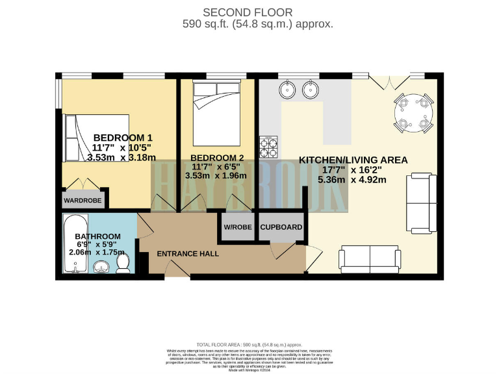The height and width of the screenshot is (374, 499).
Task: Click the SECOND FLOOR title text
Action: click(248, 12)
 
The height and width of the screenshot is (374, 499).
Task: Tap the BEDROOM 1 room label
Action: click(123, 138)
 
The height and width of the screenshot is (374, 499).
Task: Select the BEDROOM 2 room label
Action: click(214, 156)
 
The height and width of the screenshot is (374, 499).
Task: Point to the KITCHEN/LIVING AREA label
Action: click(353, 160)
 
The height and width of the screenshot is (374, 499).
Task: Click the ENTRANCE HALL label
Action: click(188, 253)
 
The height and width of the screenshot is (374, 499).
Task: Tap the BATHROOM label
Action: click(97, 236)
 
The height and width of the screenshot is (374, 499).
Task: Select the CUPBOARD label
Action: click(281, 227)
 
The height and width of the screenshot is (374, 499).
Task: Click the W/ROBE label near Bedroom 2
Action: click(237, 227)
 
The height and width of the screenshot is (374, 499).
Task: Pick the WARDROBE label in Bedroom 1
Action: click(83, 201)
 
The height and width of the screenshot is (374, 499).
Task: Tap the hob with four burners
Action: click(268, 147)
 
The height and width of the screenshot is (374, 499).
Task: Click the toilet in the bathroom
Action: click(122, 263)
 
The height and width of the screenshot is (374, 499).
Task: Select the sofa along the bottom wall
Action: click(370, 259)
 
